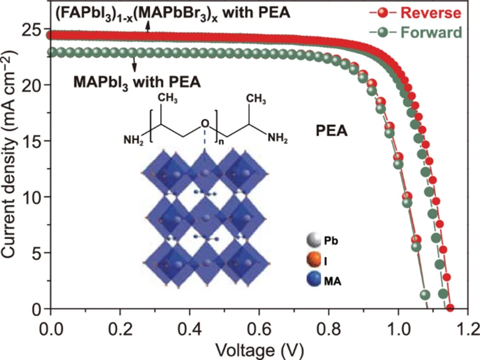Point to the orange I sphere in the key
pos(312,260)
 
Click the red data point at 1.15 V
pos(450,308)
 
